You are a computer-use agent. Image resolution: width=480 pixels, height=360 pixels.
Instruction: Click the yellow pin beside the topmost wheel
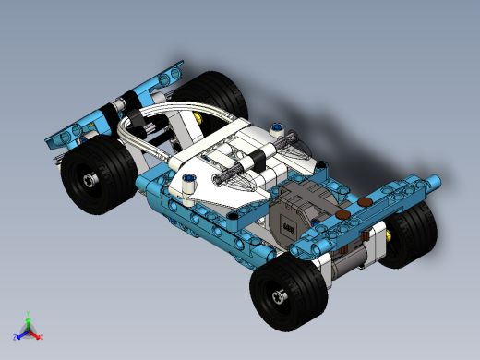click(x=198, y=118)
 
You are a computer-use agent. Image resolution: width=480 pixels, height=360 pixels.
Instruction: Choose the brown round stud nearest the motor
click(x=343, y=214)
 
